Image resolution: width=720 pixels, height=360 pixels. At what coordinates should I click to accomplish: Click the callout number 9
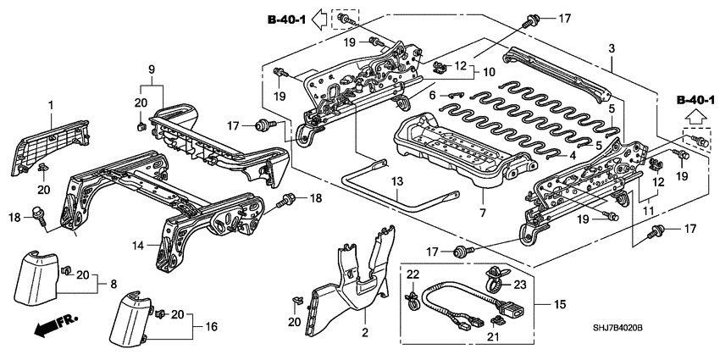click(x=152, y=69)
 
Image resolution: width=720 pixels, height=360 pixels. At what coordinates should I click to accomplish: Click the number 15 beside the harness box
click(x=558, y=302)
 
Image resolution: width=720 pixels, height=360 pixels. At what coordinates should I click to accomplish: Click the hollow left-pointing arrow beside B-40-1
click(x=321, y=15)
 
